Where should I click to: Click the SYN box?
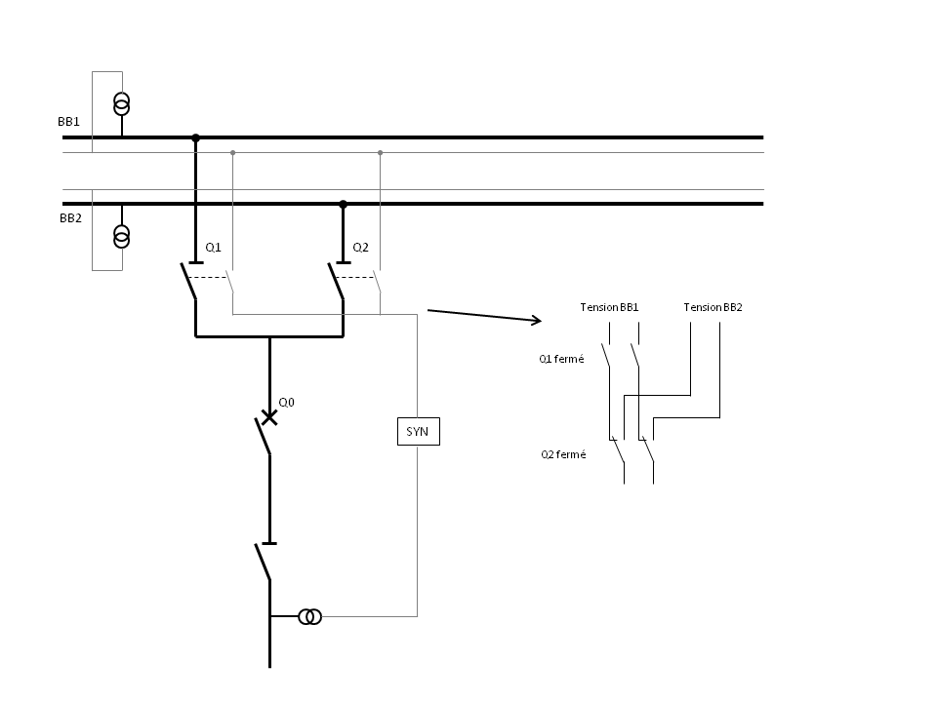[x=418, y=431]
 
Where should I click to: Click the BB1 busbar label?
[x=68, y=122]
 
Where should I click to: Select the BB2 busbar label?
[x=70, y=219]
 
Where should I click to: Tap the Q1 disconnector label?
[x=213, y=248]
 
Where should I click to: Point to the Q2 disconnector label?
[x=360, y=248]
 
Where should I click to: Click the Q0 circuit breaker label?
[x=286, y=402]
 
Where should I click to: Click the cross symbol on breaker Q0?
[x=269, y=417]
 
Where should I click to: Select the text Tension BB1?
[x=609, y=307]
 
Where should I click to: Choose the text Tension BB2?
[x=713, y=307]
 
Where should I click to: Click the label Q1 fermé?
[x=561, y=359]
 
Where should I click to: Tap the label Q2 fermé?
[x=563, y=454]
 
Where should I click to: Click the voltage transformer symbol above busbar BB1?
[x=122, y=102]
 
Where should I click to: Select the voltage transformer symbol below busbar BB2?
[x=122, y=236]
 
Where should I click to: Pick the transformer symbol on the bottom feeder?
[x=309, y=616]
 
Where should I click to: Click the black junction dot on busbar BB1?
[x=195, y=138]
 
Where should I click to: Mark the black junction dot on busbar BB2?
[x=343, y=204]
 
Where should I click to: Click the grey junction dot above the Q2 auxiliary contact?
[x=380, y=152]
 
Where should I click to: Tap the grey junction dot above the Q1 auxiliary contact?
[x=232, y=152]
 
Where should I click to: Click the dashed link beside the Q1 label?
[x=208, y=277]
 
